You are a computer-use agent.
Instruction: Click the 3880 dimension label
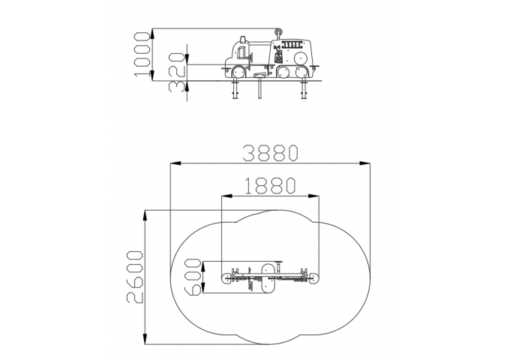(271, 153)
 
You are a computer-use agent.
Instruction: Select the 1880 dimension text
(270, 186)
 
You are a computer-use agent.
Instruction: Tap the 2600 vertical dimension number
(135, 277)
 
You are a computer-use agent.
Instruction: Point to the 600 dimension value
(192, 277)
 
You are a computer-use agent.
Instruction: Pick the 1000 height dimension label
(142, 54)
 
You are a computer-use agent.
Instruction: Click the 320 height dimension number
(178, 72)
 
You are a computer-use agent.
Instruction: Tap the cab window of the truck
(241, 52)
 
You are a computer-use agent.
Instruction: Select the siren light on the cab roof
(243, 40)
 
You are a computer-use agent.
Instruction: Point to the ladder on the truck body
(292, 44)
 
